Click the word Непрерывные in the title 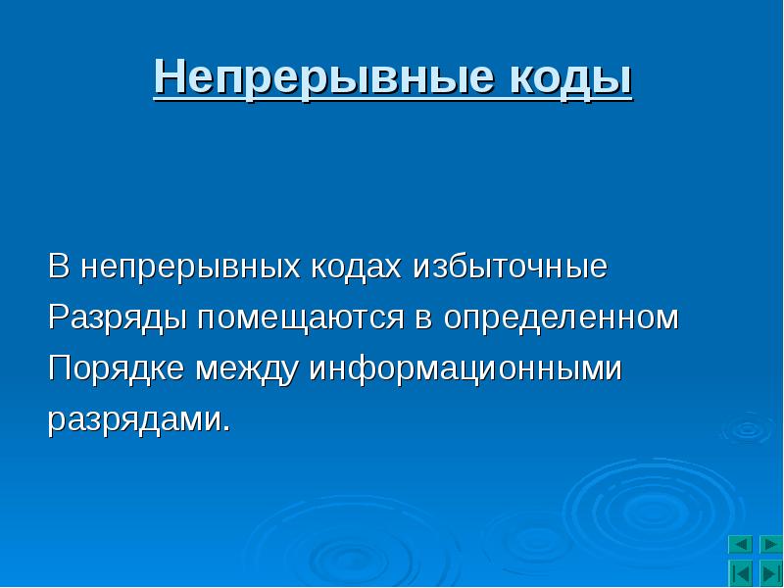click(323, 78)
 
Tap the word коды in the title click(571, 78)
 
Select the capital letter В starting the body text click(59, 266)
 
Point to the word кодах click(356, 266)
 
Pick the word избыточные click(510, 266)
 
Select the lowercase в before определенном click(423, 320)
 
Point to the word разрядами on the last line click(132, 421)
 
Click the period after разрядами click(226, 428)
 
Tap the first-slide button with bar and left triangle click(741, 573)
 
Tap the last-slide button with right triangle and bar click(771, 573)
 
